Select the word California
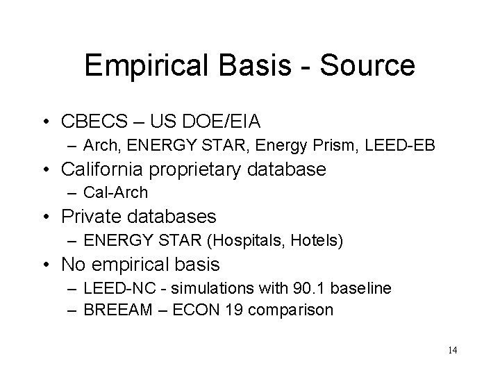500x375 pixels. click(108, 169)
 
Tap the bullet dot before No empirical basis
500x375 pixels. click(49, 265)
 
